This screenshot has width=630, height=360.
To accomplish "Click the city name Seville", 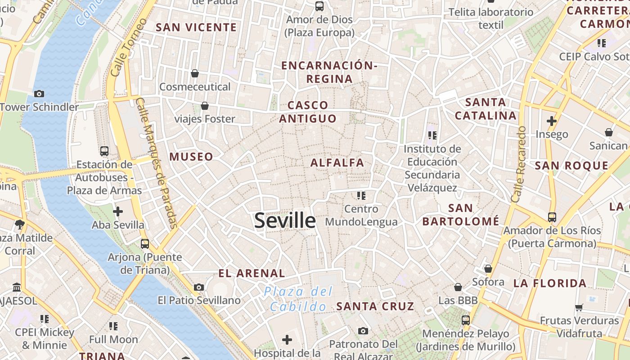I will (285, 220).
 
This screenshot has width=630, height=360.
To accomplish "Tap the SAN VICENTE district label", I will (196, 27).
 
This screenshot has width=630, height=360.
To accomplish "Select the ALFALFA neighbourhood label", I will (337, 163).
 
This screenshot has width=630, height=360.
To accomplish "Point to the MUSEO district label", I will (191, 157).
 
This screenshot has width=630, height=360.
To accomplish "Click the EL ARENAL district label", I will (252, 273).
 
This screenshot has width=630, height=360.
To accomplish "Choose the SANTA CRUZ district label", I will (375, 306).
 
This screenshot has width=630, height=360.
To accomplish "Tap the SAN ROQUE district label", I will (571, 166).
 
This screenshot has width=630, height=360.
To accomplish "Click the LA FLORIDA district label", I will (550, 283).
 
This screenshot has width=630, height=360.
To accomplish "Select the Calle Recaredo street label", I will (519, 164).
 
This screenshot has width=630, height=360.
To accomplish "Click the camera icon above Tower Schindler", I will (39, 94).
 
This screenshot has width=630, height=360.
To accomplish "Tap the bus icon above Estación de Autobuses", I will (104, 151).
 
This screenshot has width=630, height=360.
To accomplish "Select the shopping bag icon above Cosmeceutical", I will (195, 73).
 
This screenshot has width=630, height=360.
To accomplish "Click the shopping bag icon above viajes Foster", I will (205, 106).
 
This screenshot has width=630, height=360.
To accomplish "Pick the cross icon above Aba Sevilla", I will (118, 211).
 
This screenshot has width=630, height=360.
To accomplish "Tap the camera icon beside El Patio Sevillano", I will (199, 287).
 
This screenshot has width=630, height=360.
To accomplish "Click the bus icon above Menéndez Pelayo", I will (466, 320).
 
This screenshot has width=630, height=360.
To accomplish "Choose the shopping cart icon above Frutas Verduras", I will (579, 307).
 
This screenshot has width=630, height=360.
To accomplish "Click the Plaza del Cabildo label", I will (298, 299).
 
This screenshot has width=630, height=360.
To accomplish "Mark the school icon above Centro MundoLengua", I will (361, 195).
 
